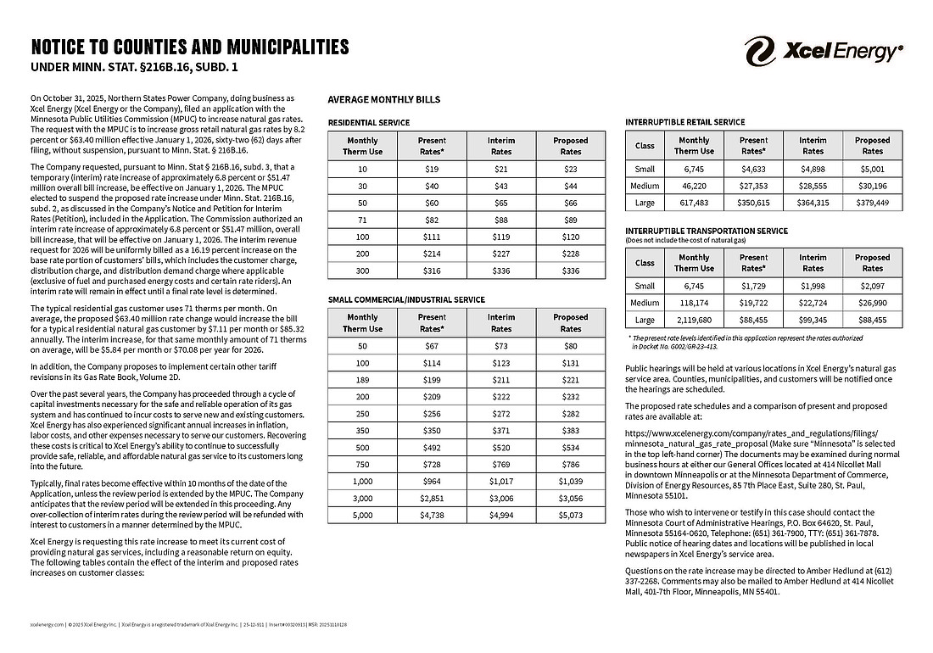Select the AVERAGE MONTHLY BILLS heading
(383, 99)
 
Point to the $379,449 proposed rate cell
(872, 204)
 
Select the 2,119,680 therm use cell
(694, 321)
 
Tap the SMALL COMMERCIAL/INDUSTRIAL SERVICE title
(406, 299)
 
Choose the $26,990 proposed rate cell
(872, 303)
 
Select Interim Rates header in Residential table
(500, 146)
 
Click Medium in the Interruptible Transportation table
(645, 303)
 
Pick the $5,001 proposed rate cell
(872, 169)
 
